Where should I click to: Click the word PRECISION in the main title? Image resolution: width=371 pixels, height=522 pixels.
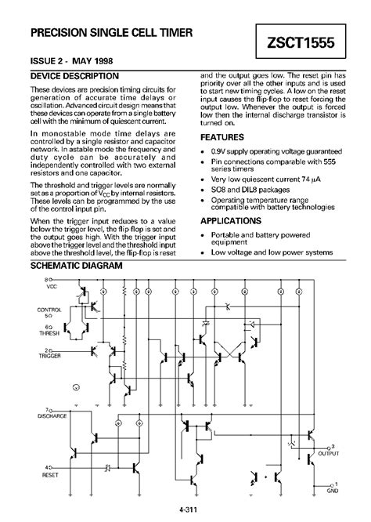[62, 34]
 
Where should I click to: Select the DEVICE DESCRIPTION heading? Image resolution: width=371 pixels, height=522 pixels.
[74, 77]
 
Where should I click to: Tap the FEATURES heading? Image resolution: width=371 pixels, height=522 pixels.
[225, 136]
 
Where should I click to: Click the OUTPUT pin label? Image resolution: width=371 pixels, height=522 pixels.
[327, 452]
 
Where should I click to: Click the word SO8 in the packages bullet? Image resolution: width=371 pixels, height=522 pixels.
[222, 189]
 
